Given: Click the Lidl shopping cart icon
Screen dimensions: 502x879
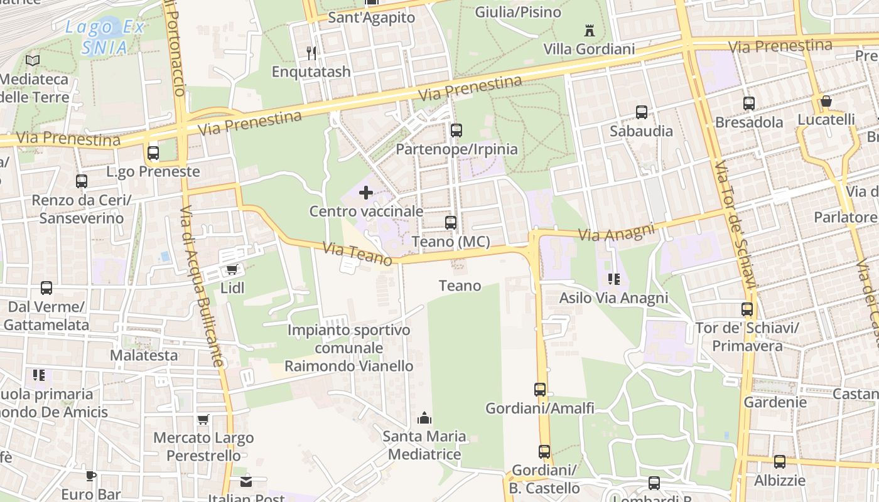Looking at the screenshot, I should point(232,270).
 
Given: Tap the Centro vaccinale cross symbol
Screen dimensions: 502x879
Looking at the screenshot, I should point(365,193).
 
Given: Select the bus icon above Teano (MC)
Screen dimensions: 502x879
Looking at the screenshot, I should point(450,222).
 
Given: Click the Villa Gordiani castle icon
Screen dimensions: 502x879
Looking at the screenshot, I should point(589,30).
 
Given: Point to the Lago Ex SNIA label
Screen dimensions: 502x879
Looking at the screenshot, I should point(105,36).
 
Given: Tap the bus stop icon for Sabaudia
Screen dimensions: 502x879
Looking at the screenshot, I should point(641,112).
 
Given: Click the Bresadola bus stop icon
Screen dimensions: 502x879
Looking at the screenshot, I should point(748,104).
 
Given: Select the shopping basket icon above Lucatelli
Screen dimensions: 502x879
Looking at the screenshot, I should point(826,101).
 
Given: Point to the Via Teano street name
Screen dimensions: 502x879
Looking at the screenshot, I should point(357,254).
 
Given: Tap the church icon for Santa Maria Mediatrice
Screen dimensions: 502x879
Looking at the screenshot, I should point(424,417).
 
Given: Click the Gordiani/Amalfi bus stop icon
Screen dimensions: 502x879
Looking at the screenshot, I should point(540,389).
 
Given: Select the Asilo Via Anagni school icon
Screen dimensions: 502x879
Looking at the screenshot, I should point(613,279).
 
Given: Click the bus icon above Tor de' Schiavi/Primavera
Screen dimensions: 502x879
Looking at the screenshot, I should point(747,309).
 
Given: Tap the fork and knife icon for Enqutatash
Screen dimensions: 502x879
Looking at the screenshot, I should point(311,53).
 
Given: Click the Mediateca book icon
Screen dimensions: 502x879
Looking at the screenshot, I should point(33,61).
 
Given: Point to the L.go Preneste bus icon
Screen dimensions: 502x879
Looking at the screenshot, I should point(153,152).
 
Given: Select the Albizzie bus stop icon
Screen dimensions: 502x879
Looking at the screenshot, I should point(779,462).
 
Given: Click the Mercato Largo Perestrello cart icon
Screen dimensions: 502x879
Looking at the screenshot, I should point(203,419).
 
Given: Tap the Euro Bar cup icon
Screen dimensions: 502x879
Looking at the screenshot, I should point(91,476).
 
